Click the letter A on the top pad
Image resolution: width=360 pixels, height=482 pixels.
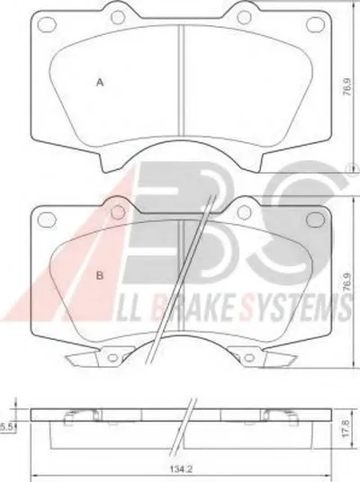point(100,83)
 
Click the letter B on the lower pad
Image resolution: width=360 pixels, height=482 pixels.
point(100,275)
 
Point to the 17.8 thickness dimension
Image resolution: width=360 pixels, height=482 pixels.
point(346,430)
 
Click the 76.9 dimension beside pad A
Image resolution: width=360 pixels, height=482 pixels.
point(347,87)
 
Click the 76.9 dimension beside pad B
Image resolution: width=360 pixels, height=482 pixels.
point(347,281)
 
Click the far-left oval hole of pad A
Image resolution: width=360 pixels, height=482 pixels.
point(47,23)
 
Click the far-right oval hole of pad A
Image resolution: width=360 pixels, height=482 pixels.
point(316,23)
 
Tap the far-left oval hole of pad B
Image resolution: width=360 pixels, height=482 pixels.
point(47,219)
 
